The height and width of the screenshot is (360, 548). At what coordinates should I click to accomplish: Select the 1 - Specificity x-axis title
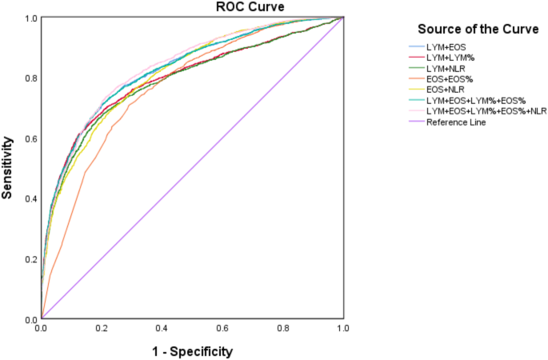tap(192, 350)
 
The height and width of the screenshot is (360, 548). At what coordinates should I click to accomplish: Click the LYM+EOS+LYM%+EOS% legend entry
tap(475, 101)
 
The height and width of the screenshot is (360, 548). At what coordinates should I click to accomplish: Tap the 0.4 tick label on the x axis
tap(162, 328)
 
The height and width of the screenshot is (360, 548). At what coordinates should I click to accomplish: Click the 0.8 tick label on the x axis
tap(282, 328)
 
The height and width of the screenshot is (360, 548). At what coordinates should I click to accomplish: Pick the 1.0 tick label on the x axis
tap(343, 328)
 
